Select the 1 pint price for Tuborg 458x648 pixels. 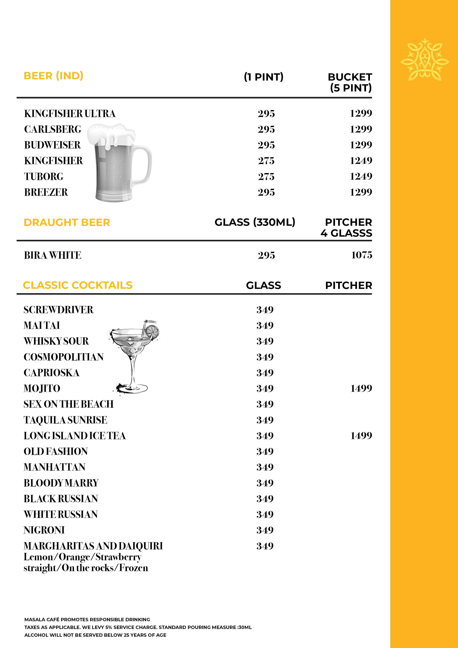[x=266, y=177]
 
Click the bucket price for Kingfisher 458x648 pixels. [x=361, y=161]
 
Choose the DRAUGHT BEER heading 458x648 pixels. [x=67, y=222]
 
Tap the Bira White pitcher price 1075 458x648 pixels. [x=361, y=255]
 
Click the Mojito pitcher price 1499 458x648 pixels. [x=361, y=388]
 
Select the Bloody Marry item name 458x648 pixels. [x=61, y=483]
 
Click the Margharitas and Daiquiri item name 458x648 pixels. [x=93, y=546]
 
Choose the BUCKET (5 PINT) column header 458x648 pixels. [x=350, y=82]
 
